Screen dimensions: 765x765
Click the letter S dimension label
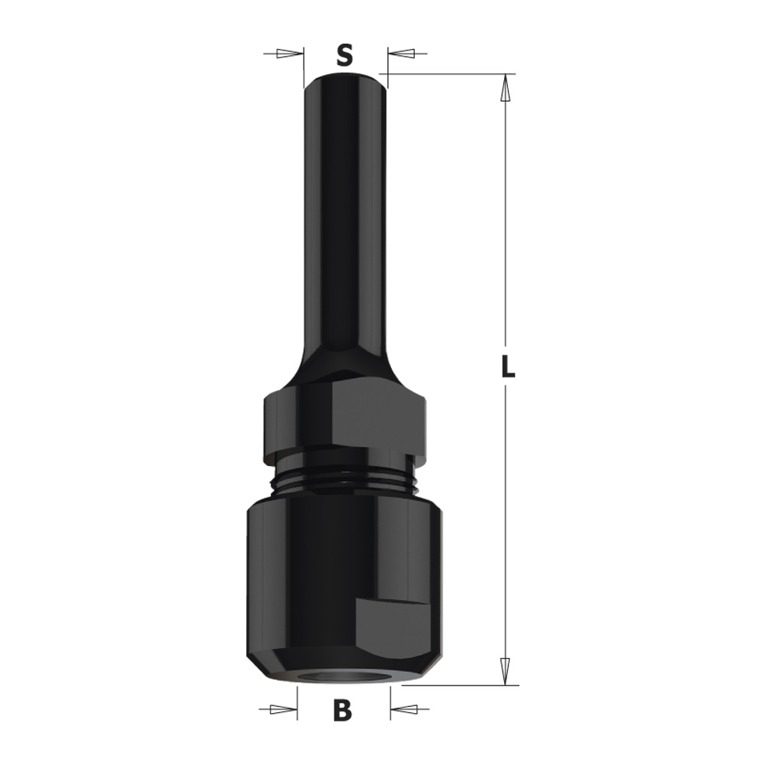(x=344, y=55)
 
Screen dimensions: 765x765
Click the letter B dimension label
(x=343, y=711)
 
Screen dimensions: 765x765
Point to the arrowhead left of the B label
(x=284, y=708)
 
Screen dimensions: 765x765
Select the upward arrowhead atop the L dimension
(x=506, y=88)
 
